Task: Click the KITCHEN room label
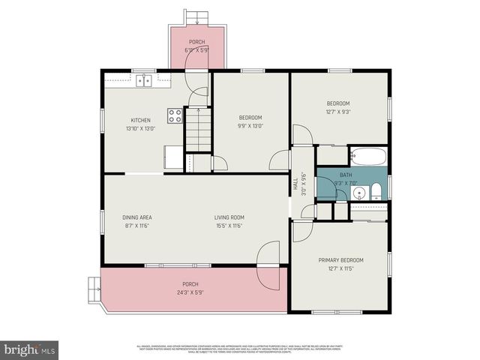[x=141, y=120]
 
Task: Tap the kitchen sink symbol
[x=144, y=79]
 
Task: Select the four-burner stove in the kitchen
[x=175, y=115]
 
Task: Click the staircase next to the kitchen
[x=199, y=128]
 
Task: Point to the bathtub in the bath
[x=367, y=157]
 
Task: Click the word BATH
[x=345, y=175]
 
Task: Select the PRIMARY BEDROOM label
[x=340, y=259]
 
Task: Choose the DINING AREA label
[x=137, y=217]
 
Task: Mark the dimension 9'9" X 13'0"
[x=250, y=127]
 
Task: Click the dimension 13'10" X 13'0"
[x=141, y=129]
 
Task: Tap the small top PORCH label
[x=196, y=42]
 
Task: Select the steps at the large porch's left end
[x=94, y=286]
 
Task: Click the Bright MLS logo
[x=30, y=349]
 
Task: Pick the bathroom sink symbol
[x=359, y=193]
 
